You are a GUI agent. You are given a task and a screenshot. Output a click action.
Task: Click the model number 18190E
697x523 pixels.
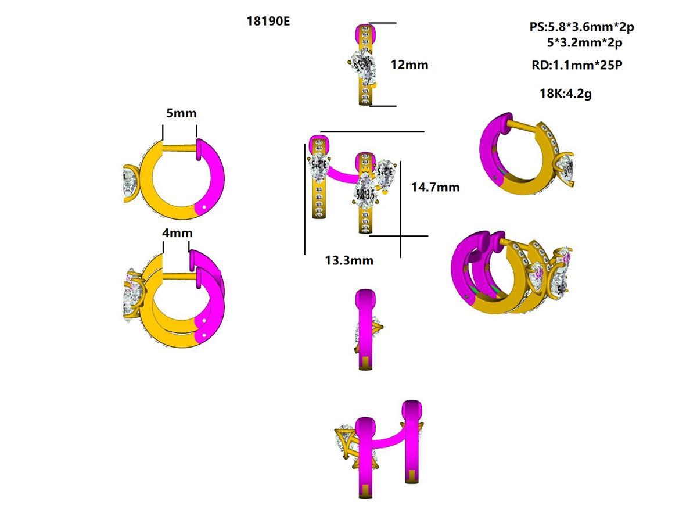pyautogui.click(x=268, y=22)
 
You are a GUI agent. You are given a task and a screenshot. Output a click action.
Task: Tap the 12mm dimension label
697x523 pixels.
pyautogui.click(x=409, y=65)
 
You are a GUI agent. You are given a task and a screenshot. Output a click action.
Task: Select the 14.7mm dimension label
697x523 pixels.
pyautogui.click(x=435, y=187)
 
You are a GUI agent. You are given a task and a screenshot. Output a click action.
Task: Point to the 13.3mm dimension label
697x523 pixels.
pyautogui.click(x=348, y=260)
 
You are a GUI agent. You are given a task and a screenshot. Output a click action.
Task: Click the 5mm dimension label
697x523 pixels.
pyautogui.click(x=181, y=113)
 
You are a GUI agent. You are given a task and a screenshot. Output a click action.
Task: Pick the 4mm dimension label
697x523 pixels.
pyautogui.click(x=177, y=233)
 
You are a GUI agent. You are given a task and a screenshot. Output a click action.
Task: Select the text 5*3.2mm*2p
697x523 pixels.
pyautogui.click(x=584, y=42)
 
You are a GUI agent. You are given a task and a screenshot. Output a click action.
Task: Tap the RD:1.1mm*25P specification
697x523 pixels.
pyautogui.click(x=577, y=65)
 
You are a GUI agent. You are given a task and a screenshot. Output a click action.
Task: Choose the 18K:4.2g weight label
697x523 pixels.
pyautogui.click(x=565, y=92)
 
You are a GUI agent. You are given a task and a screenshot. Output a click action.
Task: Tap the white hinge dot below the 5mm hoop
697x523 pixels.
pyautogui.click(x=204, y=206)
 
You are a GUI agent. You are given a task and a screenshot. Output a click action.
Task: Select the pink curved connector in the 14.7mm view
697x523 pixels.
pyautogui.click(x=343, y=174)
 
